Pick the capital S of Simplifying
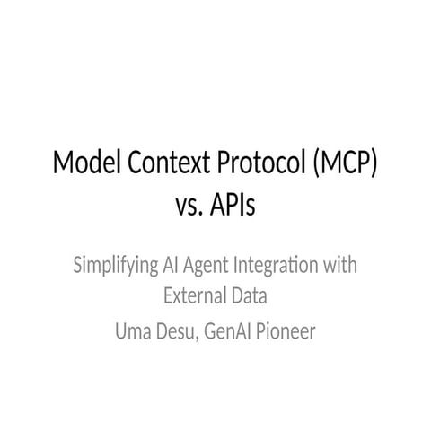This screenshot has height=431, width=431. coord(78,267)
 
